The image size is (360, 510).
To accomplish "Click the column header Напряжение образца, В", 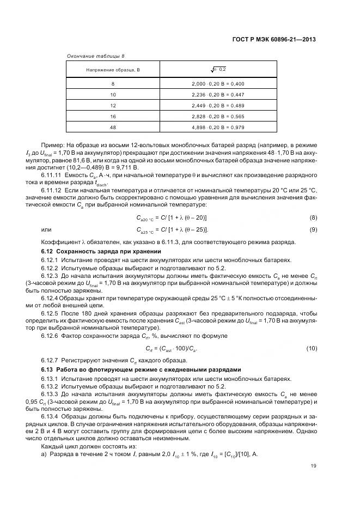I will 113,70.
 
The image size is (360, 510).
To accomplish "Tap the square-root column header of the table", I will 218,69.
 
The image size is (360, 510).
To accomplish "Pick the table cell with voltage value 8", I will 113,84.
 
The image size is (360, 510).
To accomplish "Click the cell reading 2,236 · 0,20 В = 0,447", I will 218,94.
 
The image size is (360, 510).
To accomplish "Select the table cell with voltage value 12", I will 113,105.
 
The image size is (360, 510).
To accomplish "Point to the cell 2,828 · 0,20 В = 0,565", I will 218,116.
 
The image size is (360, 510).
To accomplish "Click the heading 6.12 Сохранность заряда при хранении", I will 101,251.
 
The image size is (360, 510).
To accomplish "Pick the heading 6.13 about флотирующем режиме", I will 141,369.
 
